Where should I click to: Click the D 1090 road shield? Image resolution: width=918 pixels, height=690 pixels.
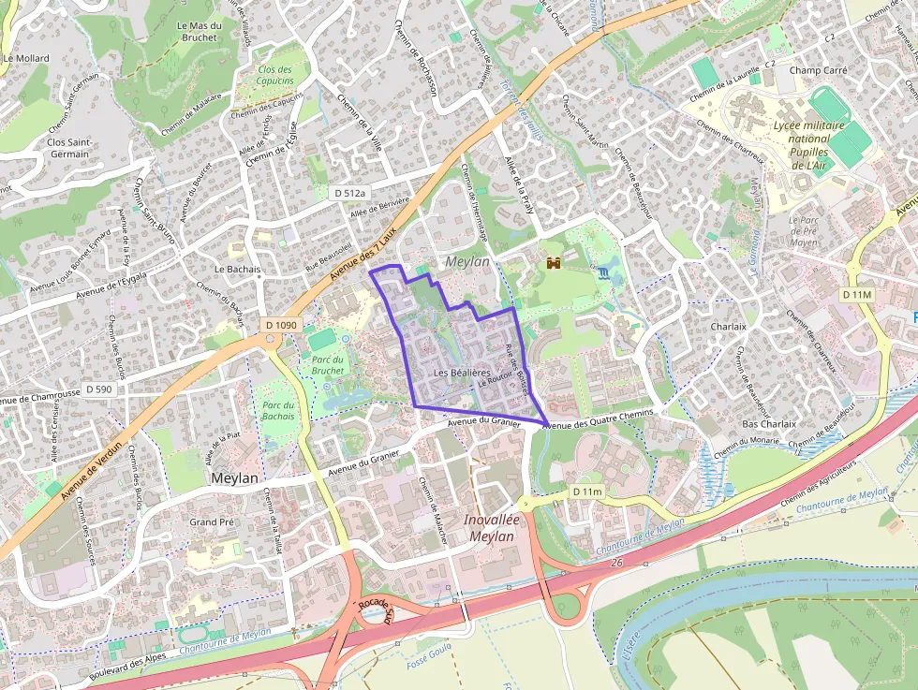pyautogui.click(x=281, y=325)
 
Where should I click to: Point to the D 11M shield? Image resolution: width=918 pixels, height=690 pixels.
pyautogui.click(x=856, y=294)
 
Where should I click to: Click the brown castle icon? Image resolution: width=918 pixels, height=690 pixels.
pyautogui.click(x=554, y=263)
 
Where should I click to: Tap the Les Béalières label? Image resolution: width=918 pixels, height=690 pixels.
pyautogui.click(x=463, y=373)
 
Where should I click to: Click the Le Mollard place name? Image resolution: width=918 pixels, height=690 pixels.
pyautogui.click(x=26, y=58)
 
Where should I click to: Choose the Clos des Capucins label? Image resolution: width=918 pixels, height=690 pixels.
pyautogui.click(x=274, y=75)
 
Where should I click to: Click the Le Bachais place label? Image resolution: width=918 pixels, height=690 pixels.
pyautogui.click(x=237, y=269)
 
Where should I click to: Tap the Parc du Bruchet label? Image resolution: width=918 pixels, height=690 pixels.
pyautogui.click(x=328, y=364)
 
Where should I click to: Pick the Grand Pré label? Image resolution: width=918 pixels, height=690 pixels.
pyautogui.click(x=212, y=521)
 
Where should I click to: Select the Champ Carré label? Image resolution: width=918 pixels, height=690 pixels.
pyautogui.click(x=818, y=70)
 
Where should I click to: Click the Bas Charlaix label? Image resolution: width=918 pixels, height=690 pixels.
pyautogui.click(x=768, y=424)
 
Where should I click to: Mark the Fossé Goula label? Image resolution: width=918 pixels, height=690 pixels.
pyautogui.click(x=430, y=661)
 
